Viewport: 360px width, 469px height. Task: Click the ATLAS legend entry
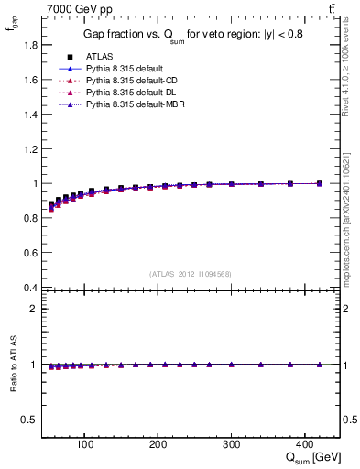(x=98, y=57)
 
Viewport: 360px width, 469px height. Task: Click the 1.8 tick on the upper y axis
(x=30, y=44)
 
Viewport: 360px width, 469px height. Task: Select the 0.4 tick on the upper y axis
(x=30, y=288)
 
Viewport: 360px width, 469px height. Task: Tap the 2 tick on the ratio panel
(x=34, y=309)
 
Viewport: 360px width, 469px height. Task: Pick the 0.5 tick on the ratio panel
(x=30, y=420)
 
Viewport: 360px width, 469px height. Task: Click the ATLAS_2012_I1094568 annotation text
(x=190, y=274)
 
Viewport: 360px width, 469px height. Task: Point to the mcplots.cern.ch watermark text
(x=349, y=220)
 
